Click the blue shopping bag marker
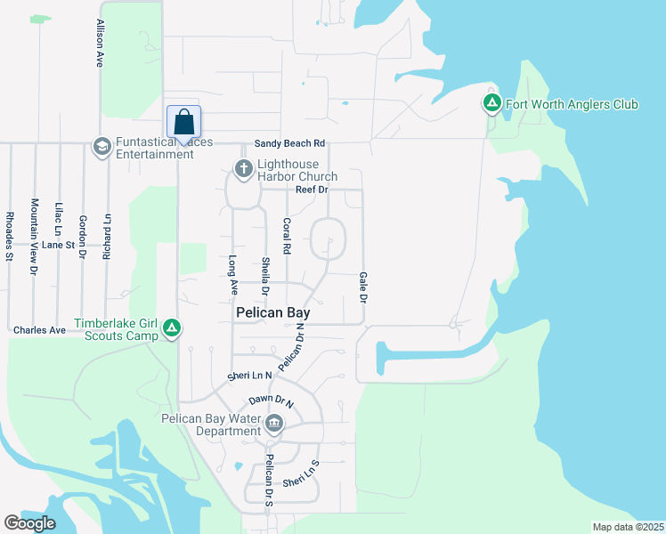(183, 123)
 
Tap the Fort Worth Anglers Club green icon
(491, 104)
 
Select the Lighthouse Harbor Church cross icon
(242, 168)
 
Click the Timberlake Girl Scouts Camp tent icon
(172, 329)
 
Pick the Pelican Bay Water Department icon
(274, 424)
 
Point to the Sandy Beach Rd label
(289, 143)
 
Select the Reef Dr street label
(312, 190)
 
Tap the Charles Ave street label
(39, 330)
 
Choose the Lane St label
(58, 244)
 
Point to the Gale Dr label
(363, 287)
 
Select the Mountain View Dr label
(35, 235)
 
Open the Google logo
(29, 523)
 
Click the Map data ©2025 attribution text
(628, 527)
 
